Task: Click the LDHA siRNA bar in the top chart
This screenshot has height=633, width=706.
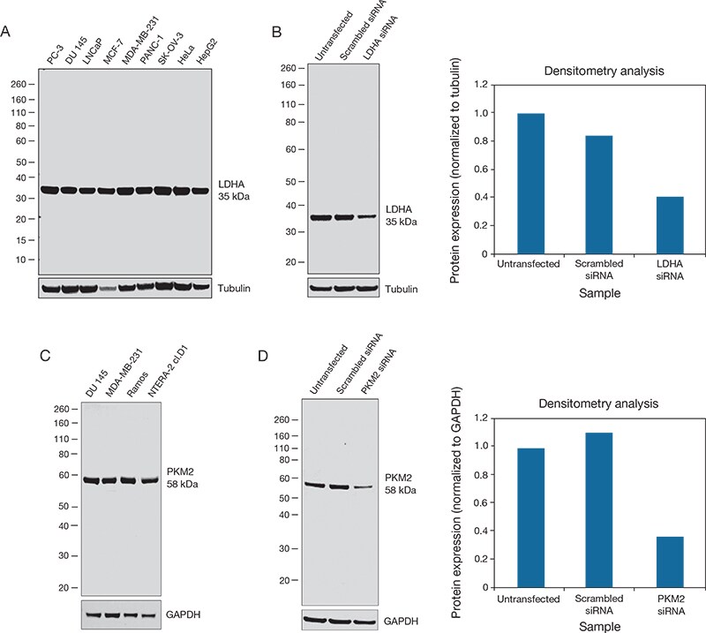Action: click(x=671, y=225)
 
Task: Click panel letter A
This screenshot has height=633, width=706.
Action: click(x=7, y=32)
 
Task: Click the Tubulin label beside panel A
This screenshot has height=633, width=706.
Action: click(x=235, y=288)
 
